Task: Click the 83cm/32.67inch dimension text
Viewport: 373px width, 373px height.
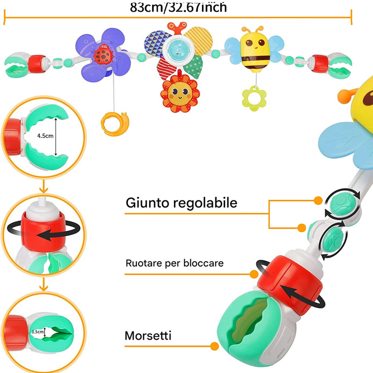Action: coord(178,7)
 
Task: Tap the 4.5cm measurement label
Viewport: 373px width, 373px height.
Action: coord(45,136)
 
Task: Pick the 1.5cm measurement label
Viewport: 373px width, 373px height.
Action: coord(38,331)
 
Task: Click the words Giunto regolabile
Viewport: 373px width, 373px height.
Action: coord(181,203)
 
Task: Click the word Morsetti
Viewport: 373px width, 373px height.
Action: coord(148,335)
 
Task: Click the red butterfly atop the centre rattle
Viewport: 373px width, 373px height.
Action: coord(177,28)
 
